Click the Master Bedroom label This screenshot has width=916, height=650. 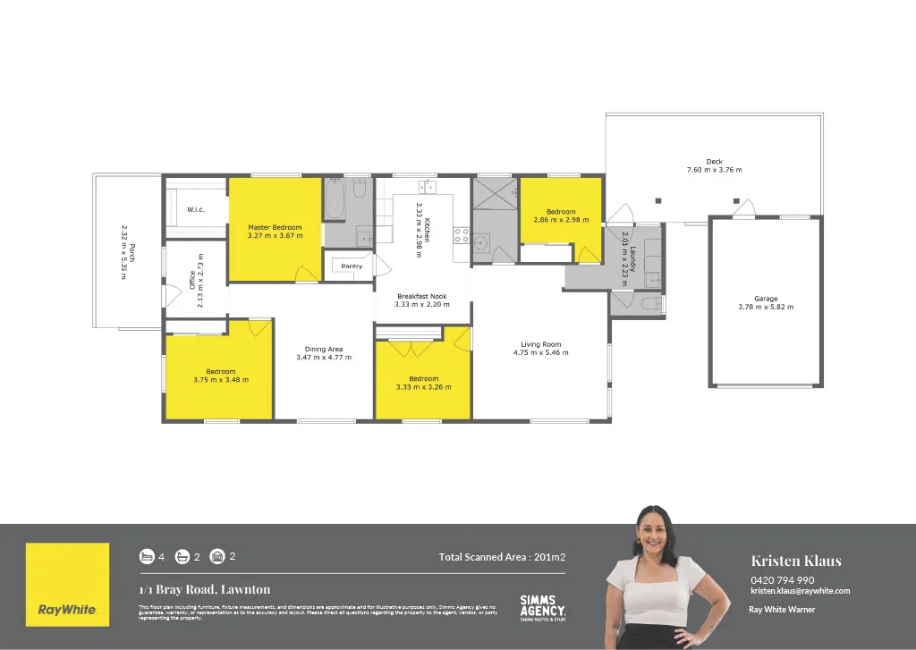pyautogui.click(x=275, y=228)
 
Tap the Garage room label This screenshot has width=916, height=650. pyautogui.click(x=765, y=299)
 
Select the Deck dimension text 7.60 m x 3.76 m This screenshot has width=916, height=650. pyautogui.click(x=714, y=170)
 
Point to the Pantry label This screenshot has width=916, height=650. pyautogui.click(x=352, y=266)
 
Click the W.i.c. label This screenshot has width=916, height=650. pyautogui.click(x=197, y=209)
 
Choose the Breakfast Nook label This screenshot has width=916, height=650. pyautogui.click(x=422, y=296)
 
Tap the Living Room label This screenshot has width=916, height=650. pyautogui.click(x=540, y=344)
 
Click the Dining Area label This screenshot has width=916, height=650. pyautogui.click(x=324, y=349)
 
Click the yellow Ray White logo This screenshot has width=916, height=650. pyautogui.click(x=68, y=585)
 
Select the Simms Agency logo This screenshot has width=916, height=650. pyautogui.click(x=542, y=608)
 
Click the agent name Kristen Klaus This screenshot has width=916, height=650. pyautogui.click(x=796, y=561)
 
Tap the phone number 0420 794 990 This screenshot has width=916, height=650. pyautogui.click(x=782, y=579)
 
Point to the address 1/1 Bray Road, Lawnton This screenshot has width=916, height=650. pyautogui.click(x=204, y=589)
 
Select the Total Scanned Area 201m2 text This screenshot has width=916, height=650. pyautogui.click(x=502, y=557)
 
